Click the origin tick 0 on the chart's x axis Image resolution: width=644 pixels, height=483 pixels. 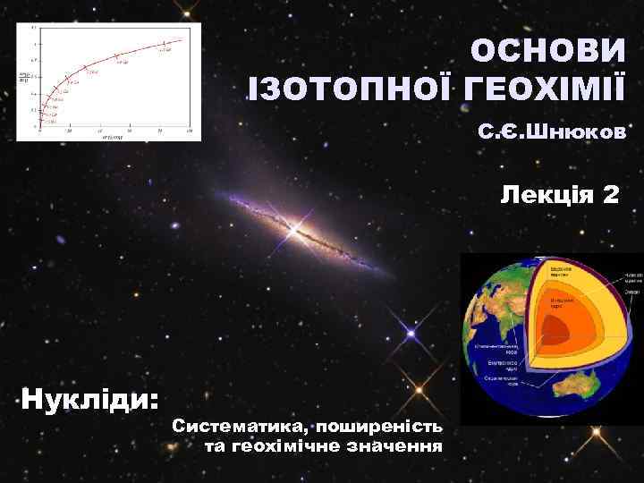point(39,131)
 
